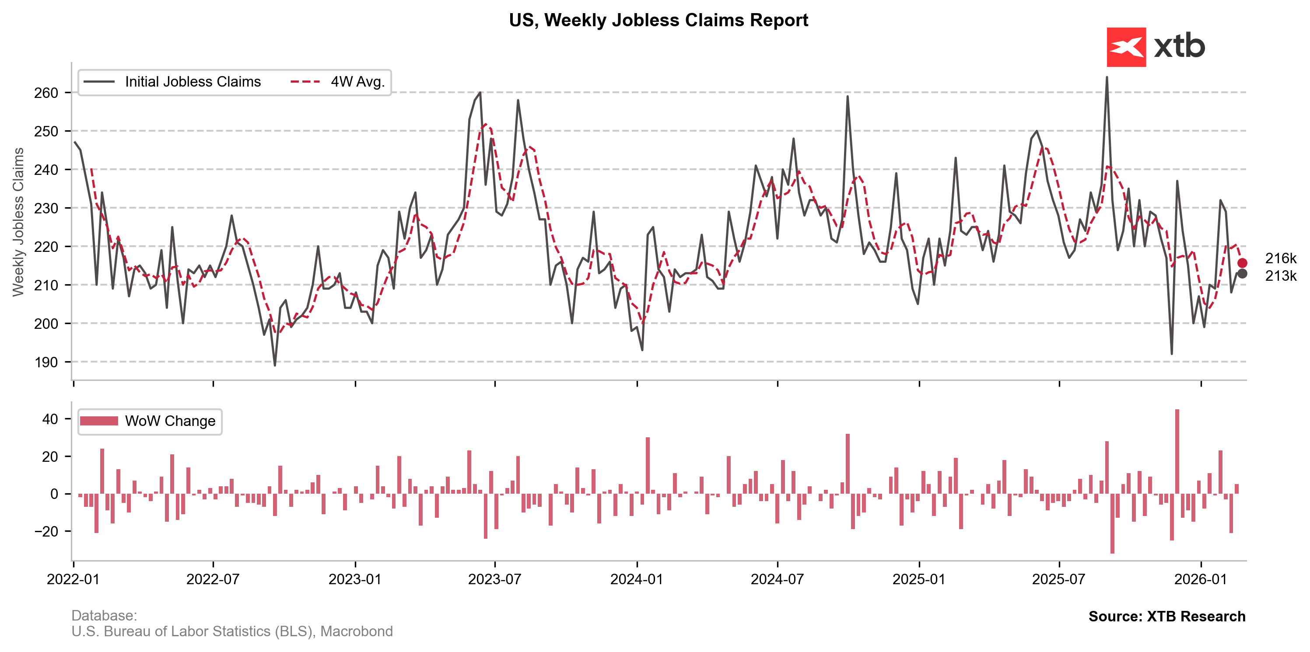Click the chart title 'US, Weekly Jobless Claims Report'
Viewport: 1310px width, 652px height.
coord(658,20)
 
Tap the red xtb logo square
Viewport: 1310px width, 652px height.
coord(1126,47)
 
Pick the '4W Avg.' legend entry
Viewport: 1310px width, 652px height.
coord(357,82)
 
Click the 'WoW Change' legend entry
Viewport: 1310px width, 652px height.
coord(170,421)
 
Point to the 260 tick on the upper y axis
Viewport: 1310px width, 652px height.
coord(46,93)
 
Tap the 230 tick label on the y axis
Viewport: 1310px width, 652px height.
coord(46,208)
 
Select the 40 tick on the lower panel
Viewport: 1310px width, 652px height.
coord(50,419)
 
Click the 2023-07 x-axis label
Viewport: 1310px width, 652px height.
coord(494,579)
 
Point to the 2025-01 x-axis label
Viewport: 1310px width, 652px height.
coord(919,579)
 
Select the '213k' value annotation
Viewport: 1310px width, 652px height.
coord(1281,276)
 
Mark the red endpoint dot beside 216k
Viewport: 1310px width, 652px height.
coord(1242,263)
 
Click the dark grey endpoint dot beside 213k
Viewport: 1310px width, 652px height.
coord(1242,274)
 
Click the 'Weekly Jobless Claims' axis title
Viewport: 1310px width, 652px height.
coord(18,222)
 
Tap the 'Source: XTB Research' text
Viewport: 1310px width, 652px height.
coord(1166,617)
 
